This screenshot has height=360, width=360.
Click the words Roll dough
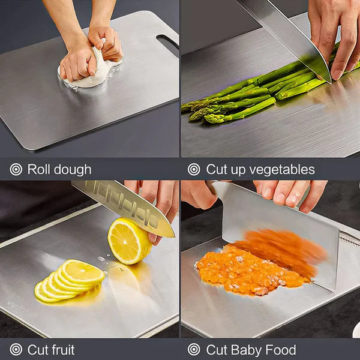[59, 169]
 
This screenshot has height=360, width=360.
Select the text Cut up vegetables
[260, 169]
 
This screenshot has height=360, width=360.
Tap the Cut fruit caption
[51, 350]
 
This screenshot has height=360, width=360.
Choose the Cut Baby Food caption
[251, 350]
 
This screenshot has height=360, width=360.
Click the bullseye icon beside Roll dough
[16, 169]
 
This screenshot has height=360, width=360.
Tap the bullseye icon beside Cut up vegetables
[194, 169]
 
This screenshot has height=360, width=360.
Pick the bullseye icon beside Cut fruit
[16, 350]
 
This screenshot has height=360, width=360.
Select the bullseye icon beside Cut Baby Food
[194, 350]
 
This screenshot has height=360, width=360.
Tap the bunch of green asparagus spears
[252, 96]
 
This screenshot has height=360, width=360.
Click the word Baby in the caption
[248, 350]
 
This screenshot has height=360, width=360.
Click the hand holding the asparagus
[336, 36]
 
